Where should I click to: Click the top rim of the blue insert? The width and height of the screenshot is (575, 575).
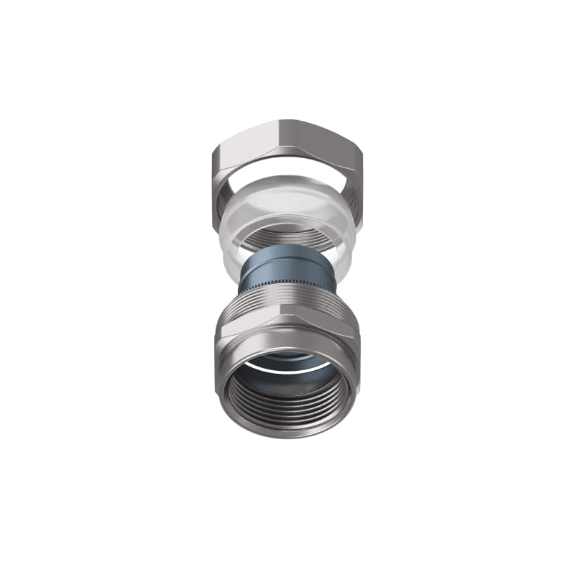pyautogui.click(x=287, y=251)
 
